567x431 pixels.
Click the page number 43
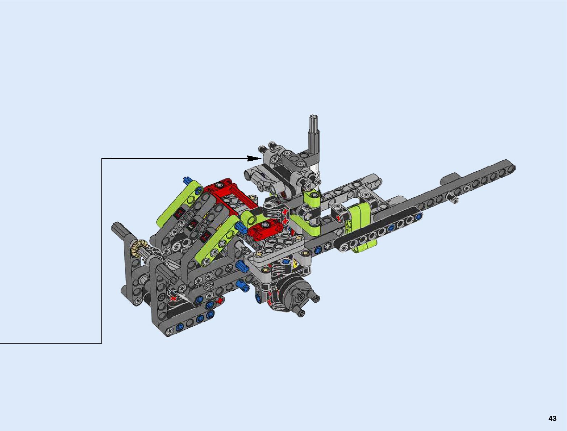pos(552,418)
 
